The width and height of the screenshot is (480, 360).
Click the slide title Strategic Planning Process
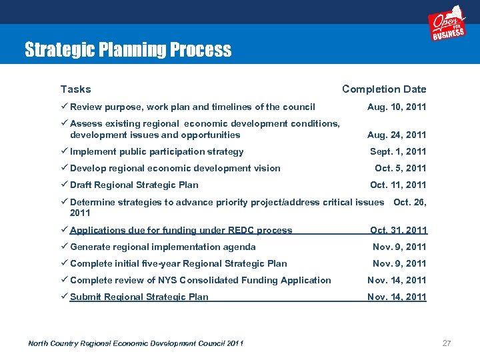[x=128, y=50]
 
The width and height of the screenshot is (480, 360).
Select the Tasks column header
[x=75, y=89]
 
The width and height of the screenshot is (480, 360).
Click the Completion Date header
[x=384, y=89]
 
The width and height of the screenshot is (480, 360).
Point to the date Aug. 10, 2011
[x=397, y=107]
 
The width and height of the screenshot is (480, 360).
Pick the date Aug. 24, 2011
[x=397, y=135]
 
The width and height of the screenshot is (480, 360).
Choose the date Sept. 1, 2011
[x=398, y=151]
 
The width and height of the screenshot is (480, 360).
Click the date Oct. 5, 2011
[x=400, y=168]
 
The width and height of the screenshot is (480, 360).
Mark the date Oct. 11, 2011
[x=398, y=185]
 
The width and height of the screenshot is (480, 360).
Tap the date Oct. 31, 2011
[x=399, y=230]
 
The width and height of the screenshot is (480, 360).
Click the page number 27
[x=447, y=343]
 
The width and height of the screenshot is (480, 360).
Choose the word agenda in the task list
[x=239, y=247]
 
